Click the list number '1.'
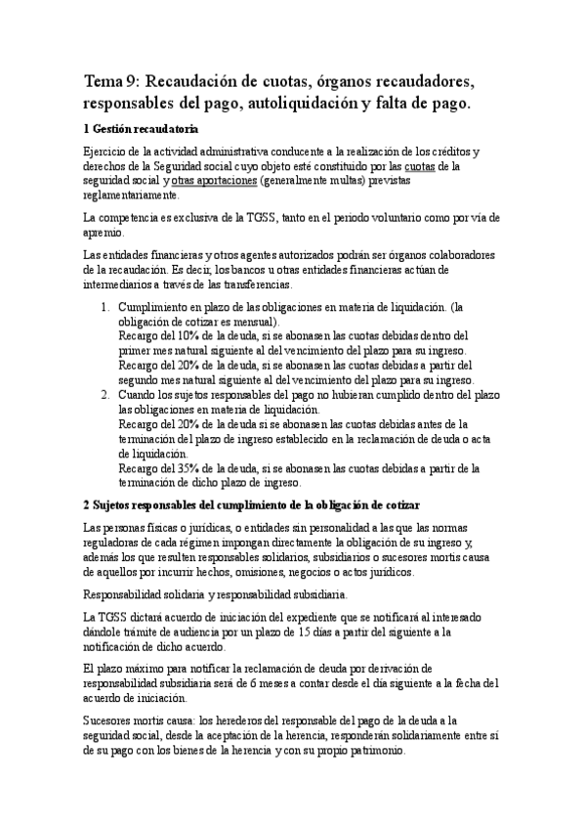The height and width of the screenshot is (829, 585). (x=105, y=307)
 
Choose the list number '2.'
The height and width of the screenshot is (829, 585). (x=105, y=394)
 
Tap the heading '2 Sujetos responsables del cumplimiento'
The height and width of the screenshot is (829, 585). (x=252, y=503)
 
